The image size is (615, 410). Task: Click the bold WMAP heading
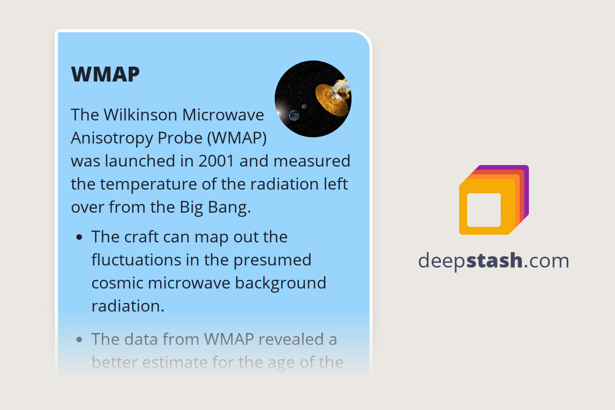tap(105, 74)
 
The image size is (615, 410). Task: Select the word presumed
tap(272, 260)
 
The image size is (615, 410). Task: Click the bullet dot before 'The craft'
tap(79, 237)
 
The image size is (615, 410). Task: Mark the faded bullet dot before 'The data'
tap(79, 339)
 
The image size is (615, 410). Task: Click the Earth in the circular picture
tap(294, 115)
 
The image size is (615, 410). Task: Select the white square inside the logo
tap(484, 210)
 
